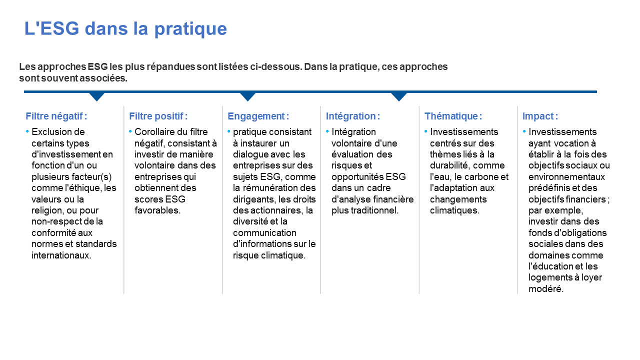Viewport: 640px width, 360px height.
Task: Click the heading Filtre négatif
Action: [x=56, y=116]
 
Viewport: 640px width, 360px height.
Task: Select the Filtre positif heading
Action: [x=158, y=116]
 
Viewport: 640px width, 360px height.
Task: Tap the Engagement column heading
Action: [x=258, y=116]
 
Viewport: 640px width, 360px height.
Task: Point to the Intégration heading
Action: [x=353, y=116]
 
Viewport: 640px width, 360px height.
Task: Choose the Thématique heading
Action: [x=453, y=116]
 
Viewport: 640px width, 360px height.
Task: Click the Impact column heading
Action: [x=540, y=116]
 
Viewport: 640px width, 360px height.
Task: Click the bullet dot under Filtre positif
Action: [x=130, y=131]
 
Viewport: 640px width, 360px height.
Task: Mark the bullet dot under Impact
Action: [x=524, y=131]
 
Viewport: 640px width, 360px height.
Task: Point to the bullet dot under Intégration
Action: [x=327, y=131]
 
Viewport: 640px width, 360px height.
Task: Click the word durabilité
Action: [x=450, y=165]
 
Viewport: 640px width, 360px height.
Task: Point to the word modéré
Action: [x=546, y=289]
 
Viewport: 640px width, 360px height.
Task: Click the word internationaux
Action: [x=61, y=255]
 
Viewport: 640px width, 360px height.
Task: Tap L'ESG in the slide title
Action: [x=51, y=28]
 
